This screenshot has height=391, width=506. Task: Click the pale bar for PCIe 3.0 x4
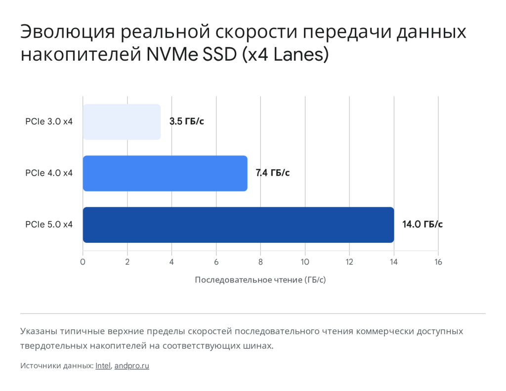click(x=122, y=122)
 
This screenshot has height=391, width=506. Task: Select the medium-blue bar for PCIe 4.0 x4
click(x=165, y=173)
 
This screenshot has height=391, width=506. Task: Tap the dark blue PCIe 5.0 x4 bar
click(x=238, y=225)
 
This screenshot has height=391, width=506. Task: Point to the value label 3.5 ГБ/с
click(x=186, y=121)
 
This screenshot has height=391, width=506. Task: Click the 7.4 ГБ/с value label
click(x=272, y=173)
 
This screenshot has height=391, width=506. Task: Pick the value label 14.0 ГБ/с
click(x=422, y=225)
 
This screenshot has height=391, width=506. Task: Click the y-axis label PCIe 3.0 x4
click(x=49, y=121)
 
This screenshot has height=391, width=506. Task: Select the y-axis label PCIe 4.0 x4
click(x=49, y=173)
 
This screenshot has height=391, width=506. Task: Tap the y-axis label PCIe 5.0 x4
click(x=49, y=225)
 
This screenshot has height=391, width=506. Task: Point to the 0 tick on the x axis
click(x=83, y=262)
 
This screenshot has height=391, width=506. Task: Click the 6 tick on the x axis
click(x=216, y=262)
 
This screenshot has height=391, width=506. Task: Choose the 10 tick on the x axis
click(x=305, y=262)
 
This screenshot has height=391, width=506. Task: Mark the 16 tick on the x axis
click(x=438, y=262)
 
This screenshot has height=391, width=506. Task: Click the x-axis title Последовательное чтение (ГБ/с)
click(x=260, y=280)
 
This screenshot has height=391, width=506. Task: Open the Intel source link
click(x=103, y=366)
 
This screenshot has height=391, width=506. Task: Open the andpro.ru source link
click(x=131, y=366)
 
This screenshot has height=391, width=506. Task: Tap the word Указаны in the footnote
click(x=38, y=331)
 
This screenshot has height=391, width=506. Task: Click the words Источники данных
click(x=57, y=366)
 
